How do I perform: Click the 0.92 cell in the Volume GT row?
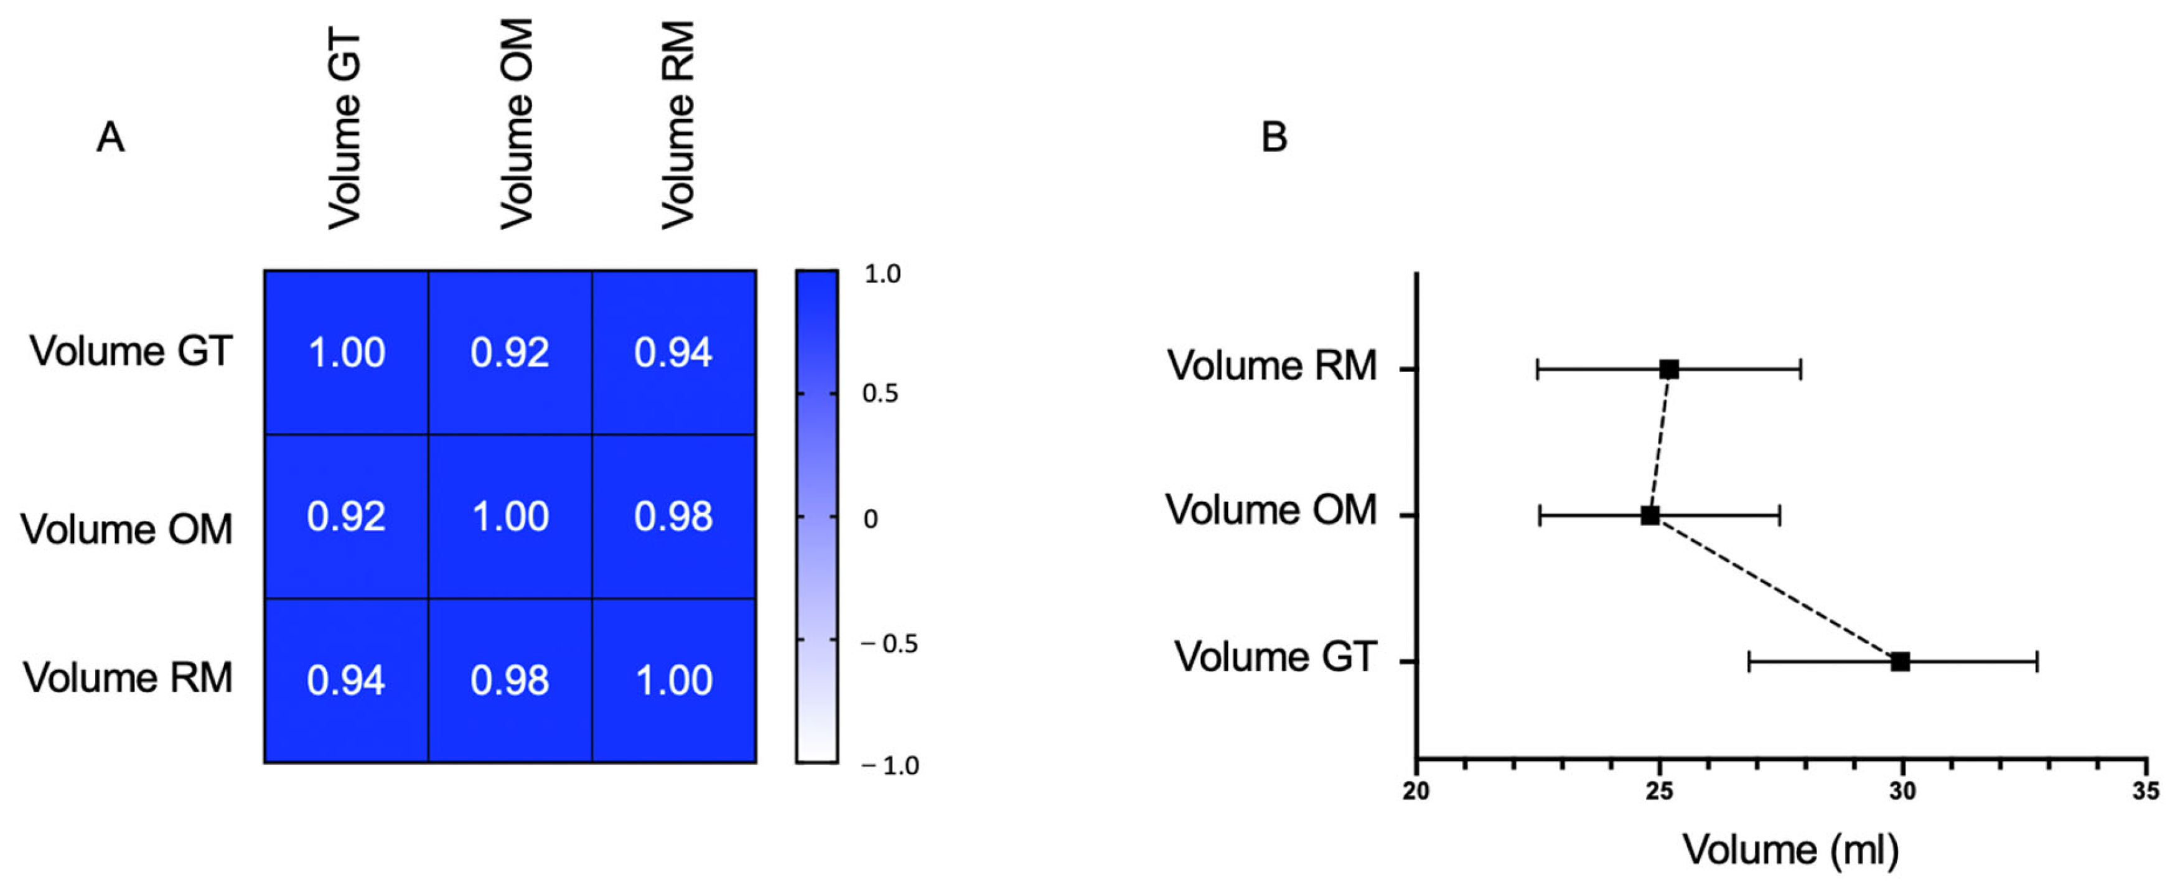point(510,352)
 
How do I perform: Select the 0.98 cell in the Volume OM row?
point(673,516)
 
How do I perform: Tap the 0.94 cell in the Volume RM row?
point(345,680)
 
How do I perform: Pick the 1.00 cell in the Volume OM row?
point(510,516)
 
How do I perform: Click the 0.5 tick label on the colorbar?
point(881,393)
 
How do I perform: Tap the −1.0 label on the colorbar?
point(889,765)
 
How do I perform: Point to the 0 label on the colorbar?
point(871,519)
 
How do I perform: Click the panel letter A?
point(110,136)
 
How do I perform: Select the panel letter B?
point(1274,136)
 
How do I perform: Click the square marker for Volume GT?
point(1899,661)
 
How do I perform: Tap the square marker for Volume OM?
point(1649,515)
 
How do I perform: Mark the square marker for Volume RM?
point(1669,369)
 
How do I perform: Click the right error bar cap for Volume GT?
point(2037,661)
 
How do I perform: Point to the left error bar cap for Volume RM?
point(1537,369)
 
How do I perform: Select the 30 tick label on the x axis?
point(1901,791)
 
